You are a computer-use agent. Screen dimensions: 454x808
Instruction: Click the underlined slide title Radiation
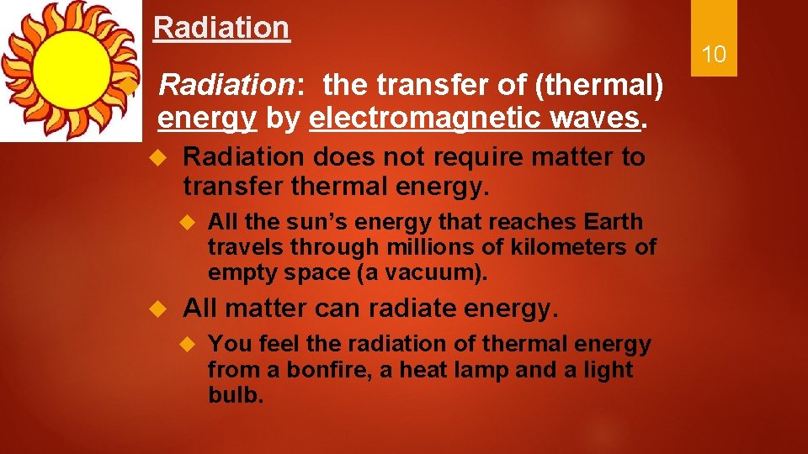[221, 28]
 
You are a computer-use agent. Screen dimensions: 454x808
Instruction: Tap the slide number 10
[714, 55]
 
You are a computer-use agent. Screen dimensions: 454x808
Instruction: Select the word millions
[423, 247]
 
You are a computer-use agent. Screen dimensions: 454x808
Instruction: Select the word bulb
[234, 395]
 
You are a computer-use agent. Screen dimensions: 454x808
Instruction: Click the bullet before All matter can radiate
[156, 309]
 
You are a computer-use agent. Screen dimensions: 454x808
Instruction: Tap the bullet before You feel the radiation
[189, 345]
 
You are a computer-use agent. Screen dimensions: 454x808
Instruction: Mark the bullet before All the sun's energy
[189, 223]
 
